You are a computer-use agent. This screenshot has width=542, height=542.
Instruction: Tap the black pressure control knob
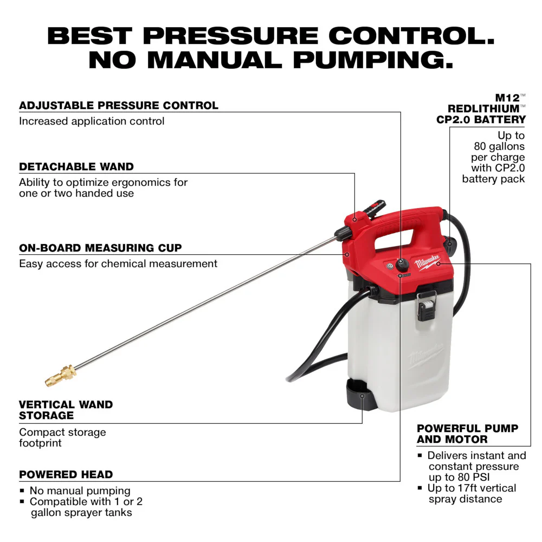(402, 264)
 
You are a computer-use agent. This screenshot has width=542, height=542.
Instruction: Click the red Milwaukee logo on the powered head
(428, 264)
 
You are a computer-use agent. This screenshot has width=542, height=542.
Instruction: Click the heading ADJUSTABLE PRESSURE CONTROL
(119, 105)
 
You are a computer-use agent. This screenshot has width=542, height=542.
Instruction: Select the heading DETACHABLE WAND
(76, 166)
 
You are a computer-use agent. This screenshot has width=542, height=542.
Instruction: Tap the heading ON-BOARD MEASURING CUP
(100, 248)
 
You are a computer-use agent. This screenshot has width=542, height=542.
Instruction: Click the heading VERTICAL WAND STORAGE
(66, 410)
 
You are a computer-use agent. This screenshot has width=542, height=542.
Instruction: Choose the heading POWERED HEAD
(66, 474)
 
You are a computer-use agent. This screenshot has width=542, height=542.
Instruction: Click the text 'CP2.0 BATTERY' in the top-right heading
(481, 120)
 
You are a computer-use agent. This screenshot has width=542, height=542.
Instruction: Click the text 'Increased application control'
(92, 121)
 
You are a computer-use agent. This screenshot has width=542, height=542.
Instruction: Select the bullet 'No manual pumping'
(80, 491)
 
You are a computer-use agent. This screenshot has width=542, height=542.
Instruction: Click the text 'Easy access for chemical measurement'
(118, 264)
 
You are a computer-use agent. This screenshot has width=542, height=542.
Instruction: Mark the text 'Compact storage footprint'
(62, 437)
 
